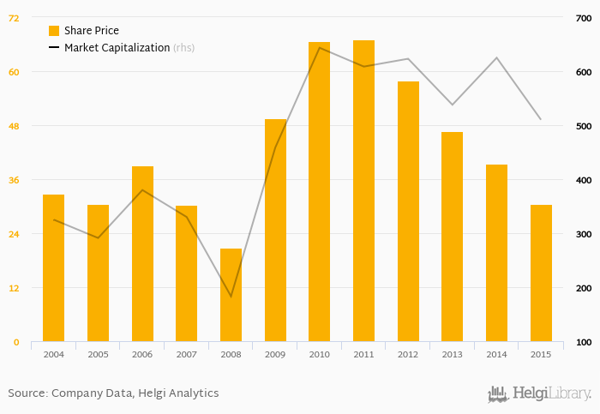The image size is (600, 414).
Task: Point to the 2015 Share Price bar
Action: tap(541, 273)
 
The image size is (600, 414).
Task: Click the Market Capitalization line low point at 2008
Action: tap(231, 297)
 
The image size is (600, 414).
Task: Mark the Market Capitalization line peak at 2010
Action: tap(319, 47)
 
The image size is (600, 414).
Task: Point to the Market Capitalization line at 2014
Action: tap(496, 57)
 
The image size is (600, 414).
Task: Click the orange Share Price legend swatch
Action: tap(53, 31)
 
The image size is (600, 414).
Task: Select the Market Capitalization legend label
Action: tap(117, 48)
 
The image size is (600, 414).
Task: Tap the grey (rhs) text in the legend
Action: tap(183, 48)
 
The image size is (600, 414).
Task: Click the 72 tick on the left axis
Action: tap(14, 17)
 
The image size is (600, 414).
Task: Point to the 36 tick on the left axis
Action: tap(14, 180)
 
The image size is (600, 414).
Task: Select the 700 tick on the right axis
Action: tap(583, 17)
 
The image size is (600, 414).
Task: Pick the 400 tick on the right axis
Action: tap(583, 180)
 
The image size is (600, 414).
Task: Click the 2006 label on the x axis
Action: tap(142, 354)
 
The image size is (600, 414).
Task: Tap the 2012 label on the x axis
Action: tap(408, 354)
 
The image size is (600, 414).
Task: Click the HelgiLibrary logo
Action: tap(538, 393)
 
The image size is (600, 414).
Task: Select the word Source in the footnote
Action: tap(27, 393)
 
